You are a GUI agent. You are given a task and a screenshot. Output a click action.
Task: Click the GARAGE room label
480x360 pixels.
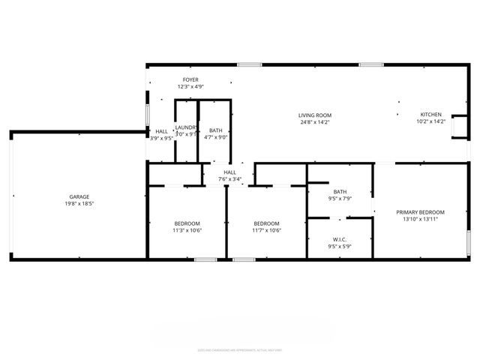click(x=79, y=196)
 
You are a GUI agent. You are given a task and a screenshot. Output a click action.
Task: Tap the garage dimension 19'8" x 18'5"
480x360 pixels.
click(x=79, y=203)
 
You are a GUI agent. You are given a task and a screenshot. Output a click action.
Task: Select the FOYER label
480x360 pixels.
click(x=191, y=80)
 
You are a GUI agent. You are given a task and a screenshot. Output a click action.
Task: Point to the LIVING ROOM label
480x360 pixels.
click(x=315, y=115)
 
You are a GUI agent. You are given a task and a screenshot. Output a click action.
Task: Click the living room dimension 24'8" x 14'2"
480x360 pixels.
click(x=315, y=121)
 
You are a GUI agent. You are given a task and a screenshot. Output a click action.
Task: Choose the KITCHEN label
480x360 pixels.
click(x=430, y=115)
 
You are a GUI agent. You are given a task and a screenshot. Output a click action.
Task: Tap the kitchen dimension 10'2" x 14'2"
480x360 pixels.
click(x=430, y=121)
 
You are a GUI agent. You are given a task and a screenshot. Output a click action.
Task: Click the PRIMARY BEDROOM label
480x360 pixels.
click(x=420, y=212)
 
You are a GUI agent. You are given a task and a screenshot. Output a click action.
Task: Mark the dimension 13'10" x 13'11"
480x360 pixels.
click(x=420, y=219)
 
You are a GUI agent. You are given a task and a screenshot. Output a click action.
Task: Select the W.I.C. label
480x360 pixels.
click(x=339, y=240)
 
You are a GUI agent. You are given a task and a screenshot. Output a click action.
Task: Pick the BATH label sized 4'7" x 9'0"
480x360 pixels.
click(x=215, y=130)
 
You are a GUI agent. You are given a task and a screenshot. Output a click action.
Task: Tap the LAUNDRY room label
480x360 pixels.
click(x=186, y=127)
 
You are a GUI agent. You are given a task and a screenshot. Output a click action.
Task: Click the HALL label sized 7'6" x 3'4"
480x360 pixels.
click(x=229, y=172)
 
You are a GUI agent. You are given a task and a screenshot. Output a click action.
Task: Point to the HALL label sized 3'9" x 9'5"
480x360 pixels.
click(x=161, y=130)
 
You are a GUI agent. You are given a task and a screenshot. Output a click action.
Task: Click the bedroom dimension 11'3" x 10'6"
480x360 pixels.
click(x=187, y=230)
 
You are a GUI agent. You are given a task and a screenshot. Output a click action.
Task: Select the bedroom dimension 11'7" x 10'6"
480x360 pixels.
click(x=266, y=230)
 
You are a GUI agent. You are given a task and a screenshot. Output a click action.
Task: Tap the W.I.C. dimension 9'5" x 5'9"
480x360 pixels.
click(x=339, y=247)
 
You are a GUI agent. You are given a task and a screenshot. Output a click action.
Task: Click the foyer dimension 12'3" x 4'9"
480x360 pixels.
click(x=191, y=87)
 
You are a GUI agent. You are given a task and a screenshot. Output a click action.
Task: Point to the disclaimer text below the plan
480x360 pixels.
click(x=240, y=349)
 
